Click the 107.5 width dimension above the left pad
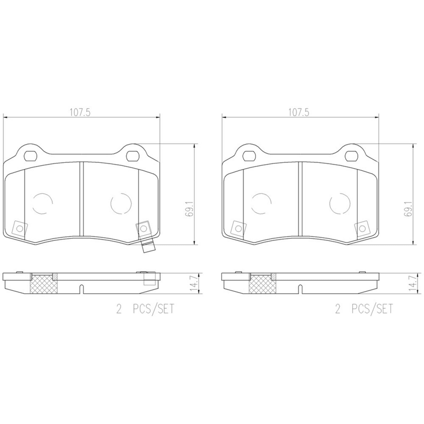click(80, 113)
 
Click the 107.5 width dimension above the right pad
click(299, 113)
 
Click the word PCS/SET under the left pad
click(153, 309)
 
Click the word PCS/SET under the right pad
click(372, 309)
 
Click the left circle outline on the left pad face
click(42, 204)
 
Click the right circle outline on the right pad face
click(340, 204)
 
